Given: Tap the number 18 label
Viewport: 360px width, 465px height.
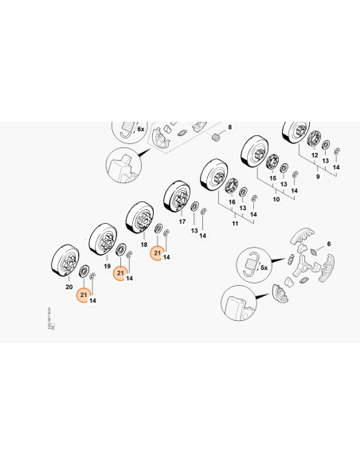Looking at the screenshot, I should click(143, 246).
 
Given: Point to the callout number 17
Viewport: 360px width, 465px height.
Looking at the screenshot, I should click(182, 222).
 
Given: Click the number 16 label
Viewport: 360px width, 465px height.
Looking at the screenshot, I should click(233, 203).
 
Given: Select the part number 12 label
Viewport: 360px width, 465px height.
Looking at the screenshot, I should click(314, 154).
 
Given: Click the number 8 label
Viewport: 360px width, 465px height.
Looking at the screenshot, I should click(229, 127).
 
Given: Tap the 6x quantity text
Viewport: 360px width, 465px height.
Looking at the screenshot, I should click(140, 128).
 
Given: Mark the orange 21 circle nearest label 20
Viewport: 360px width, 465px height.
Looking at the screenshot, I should click(82, 295).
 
